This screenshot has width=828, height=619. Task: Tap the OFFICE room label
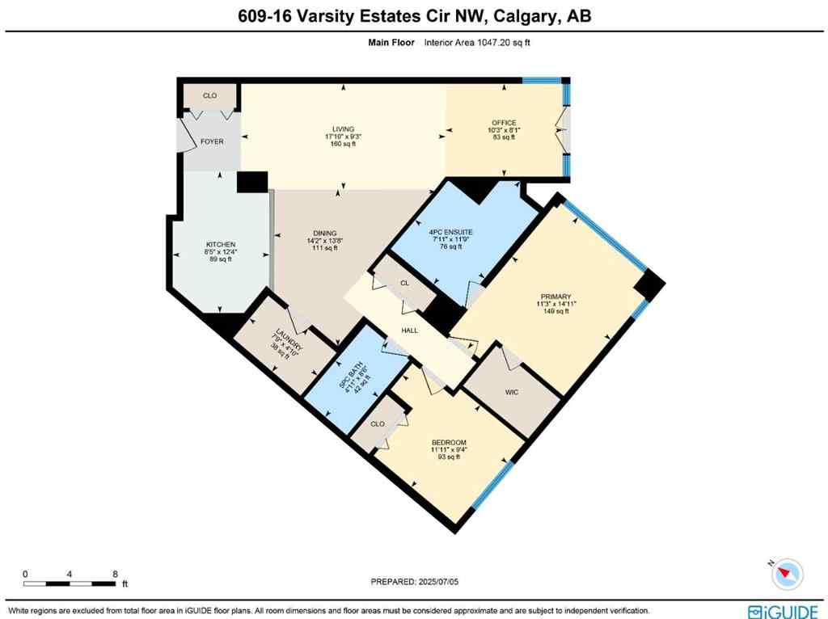[x=504, y=123]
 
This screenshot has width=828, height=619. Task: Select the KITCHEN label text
[x=220, y=244]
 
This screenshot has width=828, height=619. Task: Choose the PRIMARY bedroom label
[x=556, y=297]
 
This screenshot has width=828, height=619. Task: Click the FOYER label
[x=212, y=141]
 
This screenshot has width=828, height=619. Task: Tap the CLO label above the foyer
[x=209, y=95]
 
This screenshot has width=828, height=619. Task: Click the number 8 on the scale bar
[x=116, y=573]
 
